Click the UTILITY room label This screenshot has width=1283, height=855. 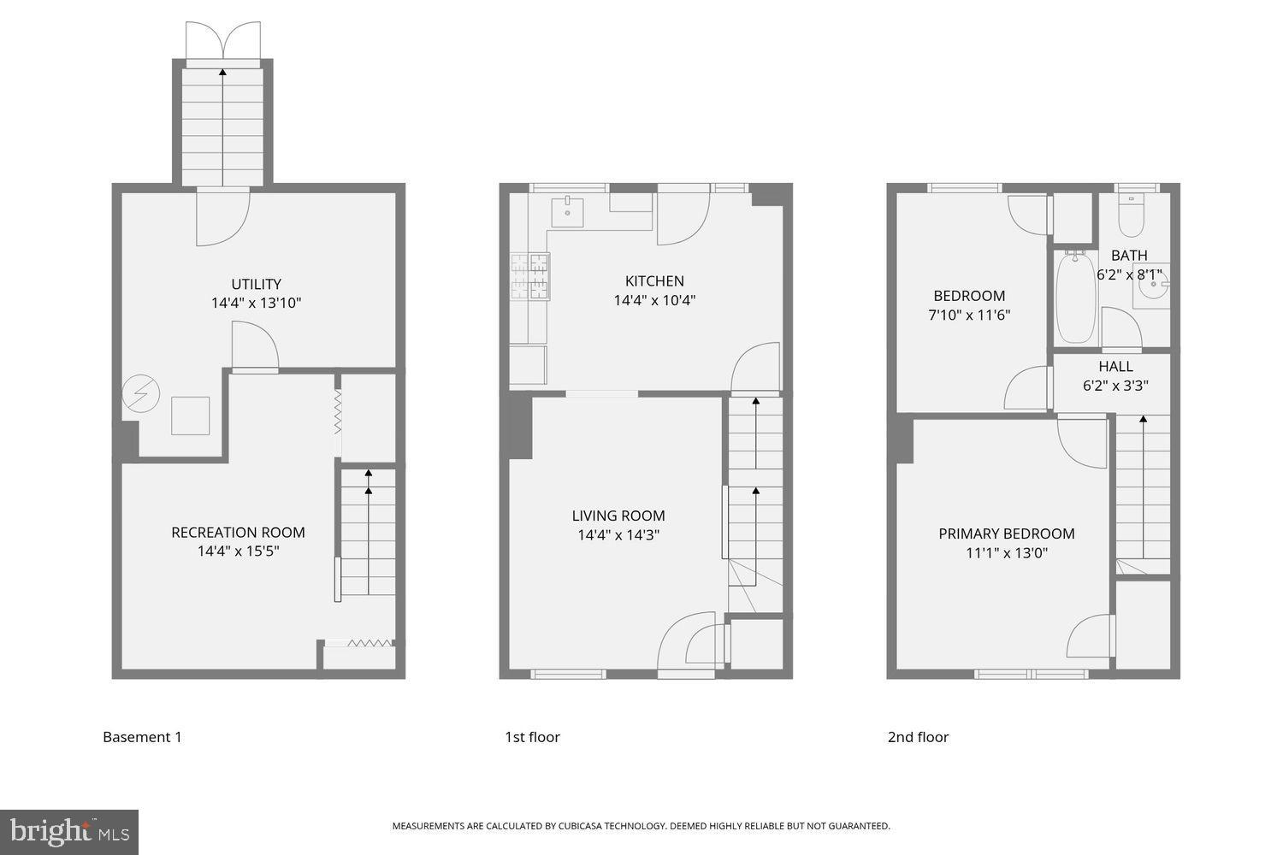pyautogui.click(x=256, y=284)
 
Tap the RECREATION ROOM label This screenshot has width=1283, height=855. pyautogui.click(x=238, y=532)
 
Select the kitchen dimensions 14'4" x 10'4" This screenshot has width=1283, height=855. pyautogui.click(x=654, y=300)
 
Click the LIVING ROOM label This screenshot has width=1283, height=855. pyautogui.click(x=618, y=516)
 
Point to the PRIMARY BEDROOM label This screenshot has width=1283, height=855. pyautogui.click(x=1007, y=534)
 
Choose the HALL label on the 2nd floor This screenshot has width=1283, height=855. pyautogui.click(x=1115, y=367)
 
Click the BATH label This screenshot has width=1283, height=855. pyautogui.click(x=1129, y=255)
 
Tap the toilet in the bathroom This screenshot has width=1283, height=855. pyautogui.click(x=1131, y=215)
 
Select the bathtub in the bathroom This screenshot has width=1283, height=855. pyautogui.click(x=1075, y=297)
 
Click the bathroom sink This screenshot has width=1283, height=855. pyautogui.click(x=1151, y=291)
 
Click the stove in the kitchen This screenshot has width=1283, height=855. pyautogui.click(x=529, y=278)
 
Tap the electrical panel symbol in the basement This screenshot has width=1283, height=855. pyautogui.click(x=140, y=394)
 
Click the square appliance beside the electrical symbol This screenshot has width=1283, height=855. pyautogui.click(x=190, y=416)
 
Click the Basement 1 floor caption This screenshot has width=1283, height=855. pyautogui.click(x=142, y=737)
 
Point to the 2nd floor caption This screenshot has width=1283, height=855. pyautogui.click(x=918, y=737)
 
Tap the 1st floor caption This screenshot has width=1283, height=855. pyautogui.click(x=532, y=737)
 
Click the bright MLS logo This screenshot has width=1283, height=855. pyautogui.click(x=69, y=832)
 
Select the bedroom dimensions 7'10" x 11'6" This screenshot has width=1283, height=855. pyautogui.click(x=969, y=315)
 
